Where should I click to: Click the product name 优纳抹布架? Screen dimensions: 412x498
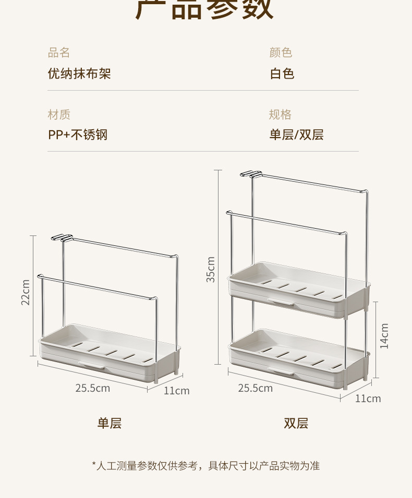point(79,73)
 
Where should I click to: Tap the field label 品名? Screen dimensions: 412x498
point(59,53)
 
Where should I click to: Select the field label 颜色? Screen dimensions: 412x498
point(281,53)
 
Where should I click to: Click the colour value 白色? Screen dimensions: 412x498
point(282,73)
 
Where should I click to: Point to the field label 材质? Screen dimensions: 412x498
point(59,115)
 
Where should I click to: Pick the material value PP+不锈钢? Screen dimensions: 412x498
point(78,135)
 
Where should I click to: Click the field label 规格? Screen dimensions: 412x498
point(281,115)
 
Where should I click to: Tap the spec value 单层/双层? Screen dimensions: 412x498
point(296,135)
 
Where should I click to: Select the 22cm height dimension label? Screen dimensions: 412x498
point(26,293)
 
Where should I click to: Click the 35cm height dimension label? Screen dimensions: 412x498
point(211,269)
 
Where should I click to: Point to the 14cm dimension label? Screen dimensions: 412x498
point(384,336)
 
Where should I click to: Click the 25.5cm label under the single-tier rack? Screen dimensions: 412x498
point(92,388)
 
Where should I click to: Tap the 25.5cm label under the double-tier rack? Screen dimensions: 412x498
point(256,388)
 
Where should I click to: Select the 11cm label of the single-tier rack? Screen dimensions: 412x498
point(176,391)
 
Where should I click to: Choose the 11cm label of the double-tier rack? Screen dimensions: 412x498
point(368,399)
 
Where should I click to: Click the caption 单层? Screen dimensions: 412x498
point(110,424)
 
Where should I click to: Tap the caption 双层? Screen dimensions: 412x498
point(296,424)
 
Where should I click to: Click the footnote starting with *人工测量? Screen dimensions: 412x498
point(205,466)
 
